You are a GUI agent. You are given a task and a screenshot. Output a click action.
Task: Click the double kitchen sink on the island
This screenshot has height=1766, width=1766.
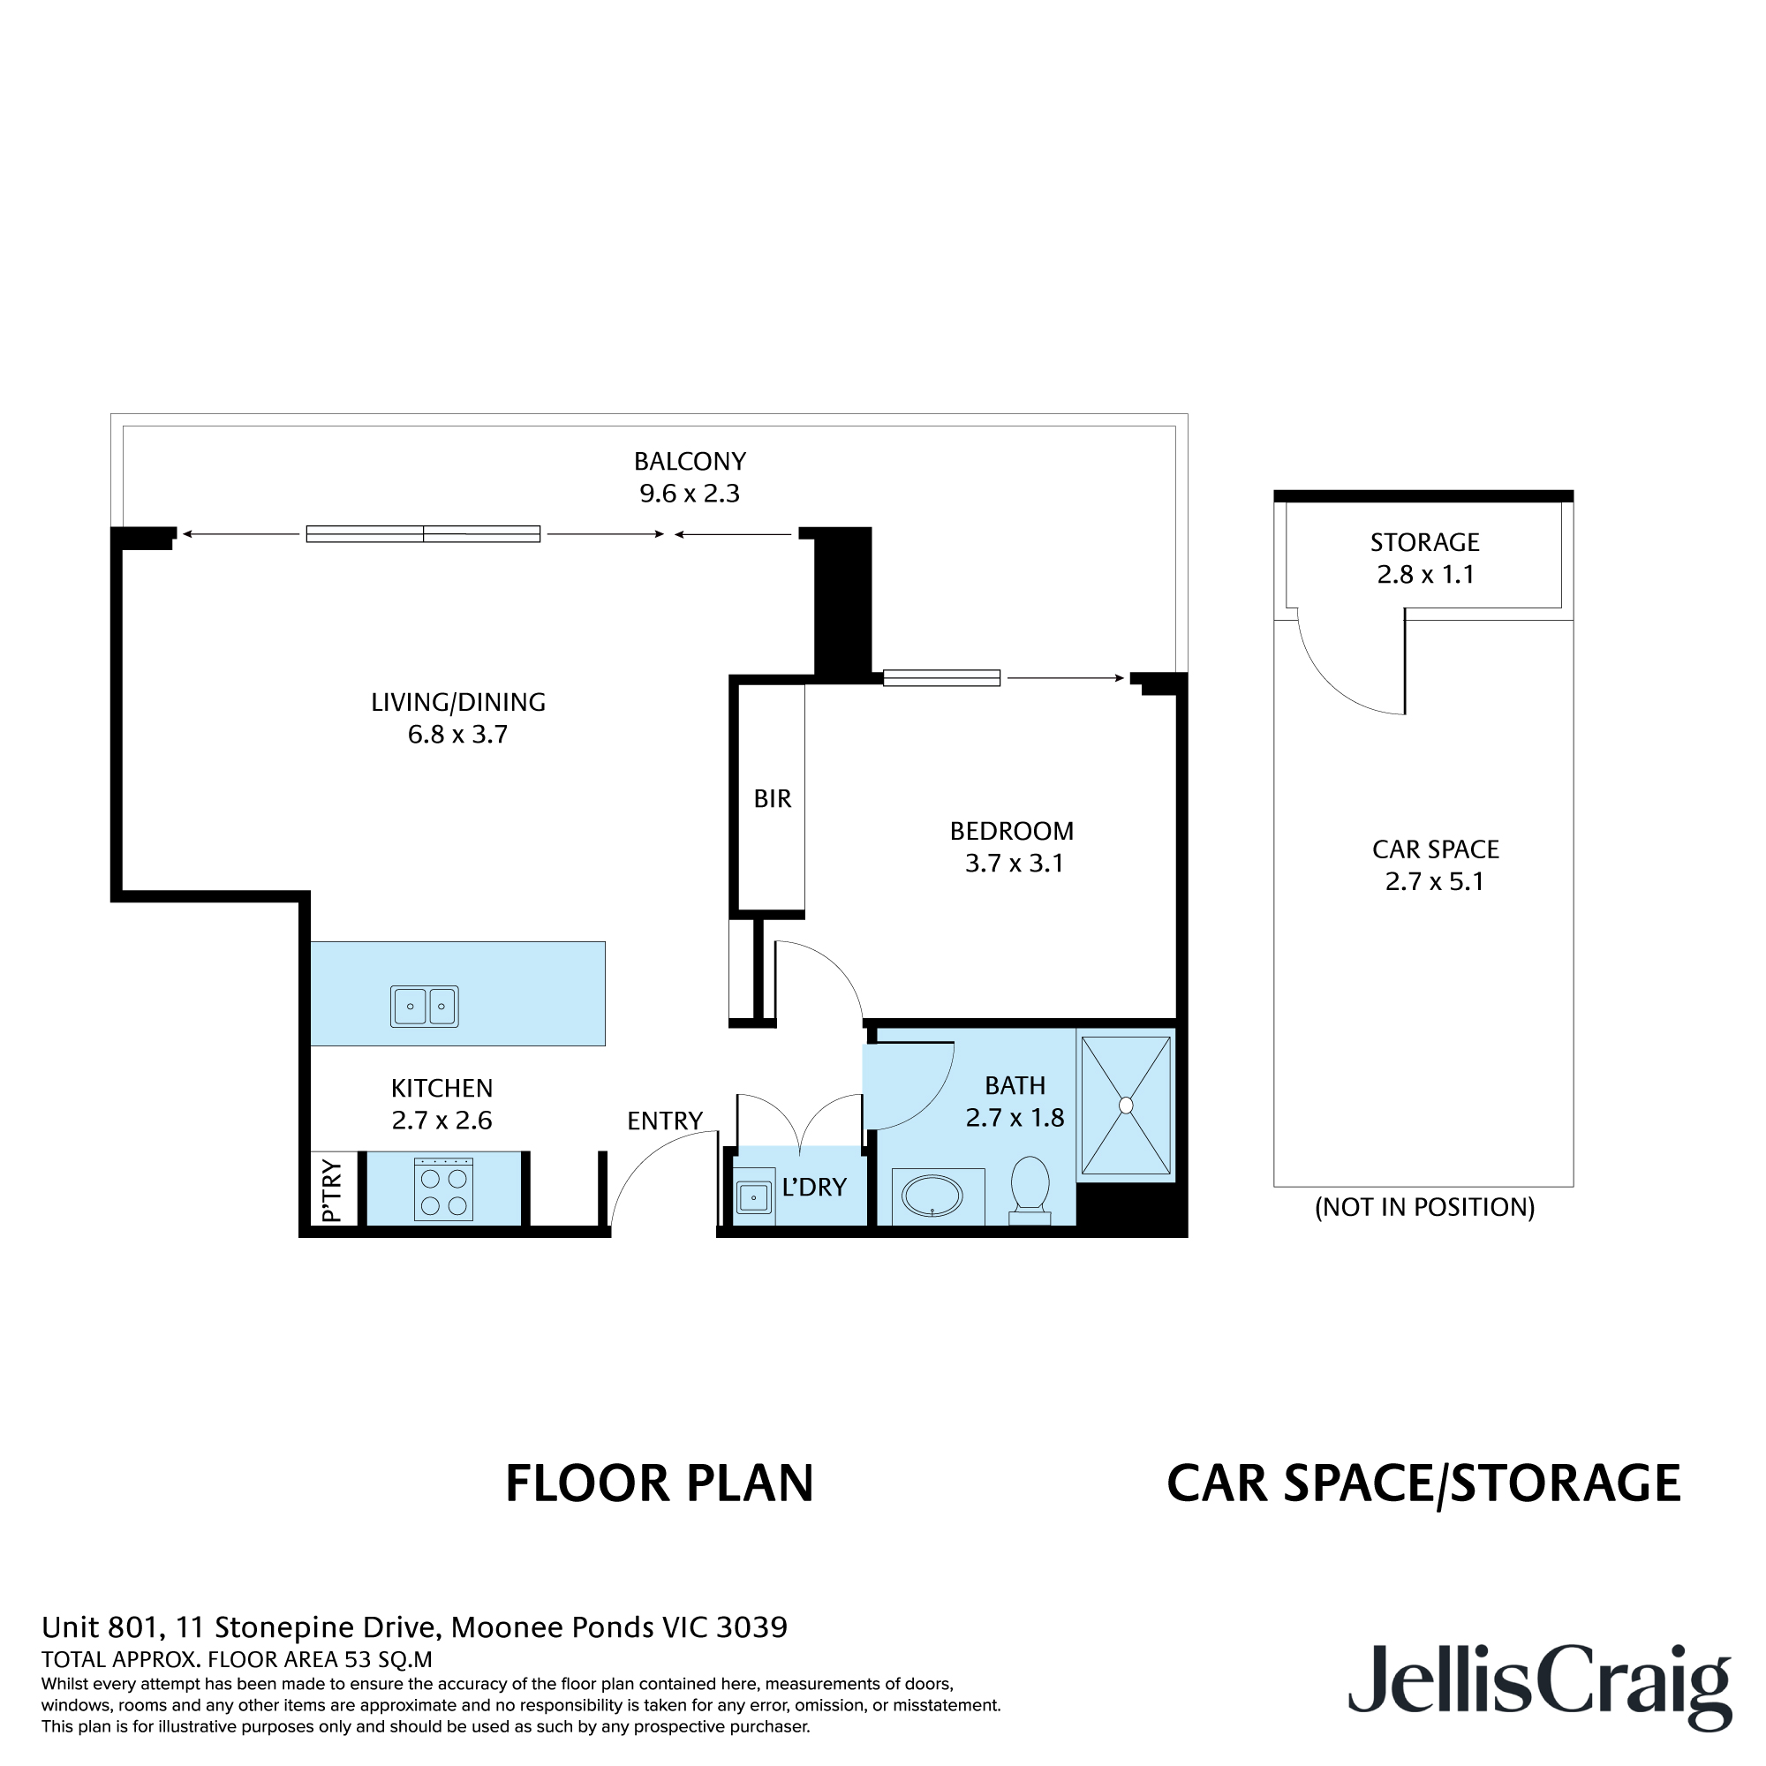pyautogui.click(x=424, y=1007)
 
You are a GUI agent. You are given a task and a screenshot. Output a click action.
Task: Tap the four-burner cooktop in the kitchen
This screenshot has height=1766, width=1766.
pyautogui.click(x=443, y=1189)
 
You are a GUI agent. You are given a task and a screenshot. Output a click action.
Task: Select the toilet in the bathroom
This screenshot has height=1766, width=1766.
pyautogui.click(x=1030, y=1188)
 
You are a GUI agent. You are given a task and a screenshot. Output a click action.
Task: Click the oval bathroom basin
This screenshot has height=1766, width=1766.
pyautogui.click(x=932, y=1196)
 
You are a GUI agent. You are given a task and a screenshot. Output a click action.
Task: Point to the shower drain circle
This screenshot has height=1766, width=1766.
pyautogui.click(x=1126, y=1106)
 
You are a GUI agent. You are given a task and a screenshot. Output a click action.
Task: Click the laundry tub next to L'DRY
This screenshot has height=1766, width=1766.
pyautogui.click(x=754, y=1196)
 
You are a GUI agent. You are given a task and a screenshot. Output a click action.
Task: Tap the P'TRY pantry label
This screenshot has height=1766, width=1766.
pyautogui.click(x=332, y=1190)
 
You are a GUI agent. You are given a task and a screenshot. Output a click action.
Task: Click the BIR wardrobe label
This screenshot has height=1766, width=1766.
pyautogui.click(x=773, y=799)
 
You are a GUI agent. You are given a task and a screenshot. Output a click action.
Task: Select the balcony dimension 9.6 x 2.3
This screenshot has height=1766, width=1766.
pyautogui.click(x=690, y=494)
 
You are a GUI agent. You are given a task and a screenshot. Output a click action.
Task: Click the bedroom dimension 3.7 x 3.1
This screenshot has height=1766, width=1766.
pyautogui.click(x=1014, y=863)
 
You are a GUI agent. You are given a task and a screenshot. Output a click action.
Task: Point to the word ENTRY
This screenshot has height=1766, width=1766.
pyautogui.click(x=665, y=1121)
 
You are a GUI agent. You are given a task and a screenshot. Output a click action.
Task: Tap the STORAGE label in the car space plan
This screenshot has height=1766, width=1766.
pyautogui.click(x=1424, y=542)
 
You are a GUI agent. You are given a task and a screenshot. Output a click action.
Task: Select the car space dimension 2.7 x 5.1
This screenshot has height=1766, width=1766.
pyautogui.click(x=1434, y=881)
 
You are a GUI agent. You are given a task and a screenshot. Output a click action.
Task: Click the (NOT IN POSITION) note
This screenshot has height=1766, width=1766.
pyautogui.click(x=1424, y=1207)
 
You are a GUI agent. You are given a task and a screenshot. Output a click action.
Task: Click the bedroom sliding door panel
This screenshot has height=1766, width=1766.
pyautogui.click(x=941, y=678)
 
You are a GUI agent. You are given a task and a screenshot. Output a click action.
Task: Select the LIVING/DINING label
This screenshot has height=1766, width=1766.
pyautogui.click(x=458, y=702)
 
